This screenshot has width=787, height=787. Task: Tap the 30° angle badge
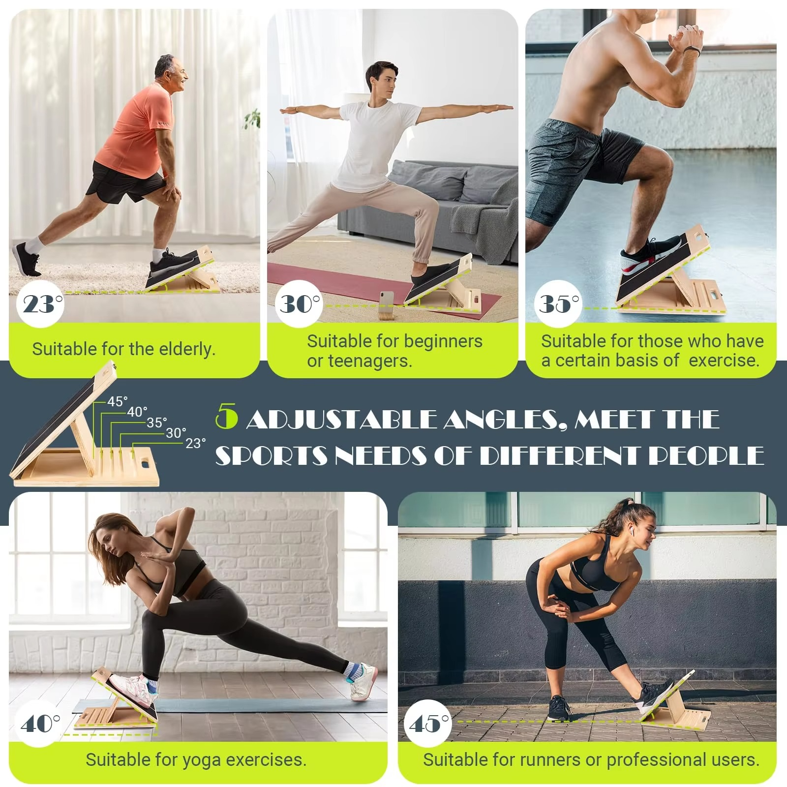pos(299,303)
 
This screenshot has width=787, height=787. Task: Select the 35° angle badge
pos(558,303)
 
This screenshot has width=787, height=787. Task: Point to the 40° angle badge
pos(39,723)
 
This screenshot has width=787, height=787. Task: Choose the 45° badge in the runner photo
pos(428,723)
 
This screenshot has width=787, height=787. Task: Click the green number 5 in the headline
pos(227,418)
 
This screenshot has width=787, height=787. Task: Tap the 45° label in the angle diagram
pos(117,401)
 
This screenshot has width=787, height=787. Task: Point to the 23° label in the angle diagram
pos(195,443)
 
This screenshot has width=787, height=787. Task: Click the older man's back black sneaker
pos(26,259)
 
